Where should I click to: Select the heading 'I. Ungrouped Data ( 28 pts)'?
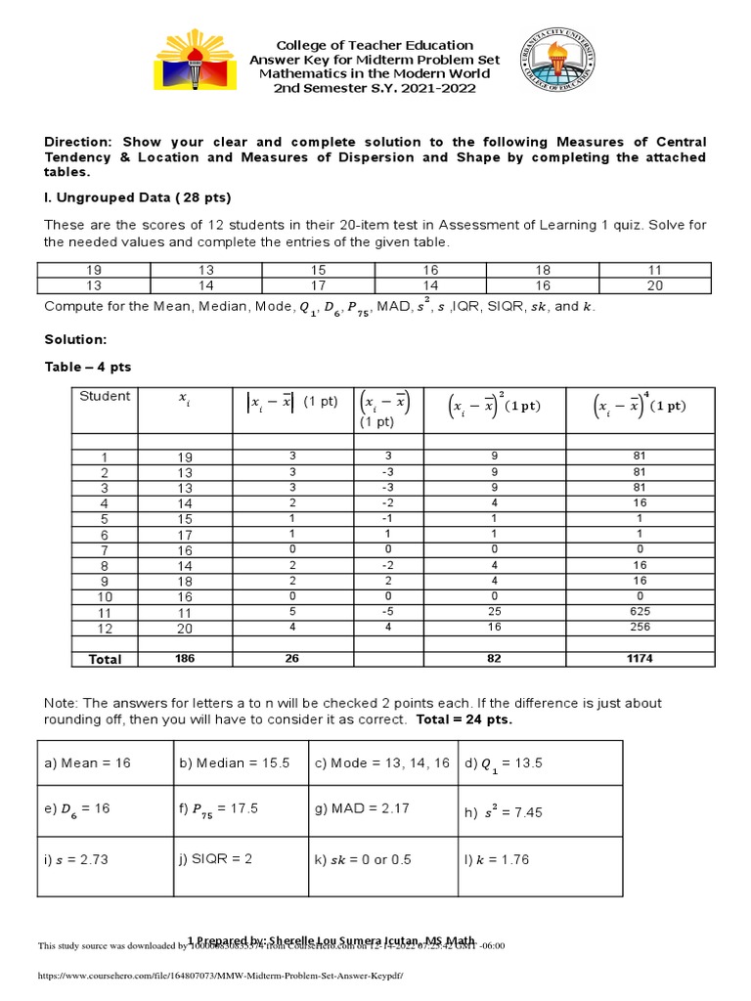(138, 197)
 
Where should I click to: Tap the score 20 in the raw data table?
(654, 285)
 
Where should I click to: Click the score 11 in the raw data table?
(654, 270)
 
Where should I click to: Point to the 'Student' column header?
(105, 396)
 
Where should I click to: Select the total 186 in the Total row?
(186, 659)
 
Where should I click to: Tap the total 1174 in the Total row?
(641, 659)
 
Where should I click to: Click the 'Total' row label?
(105, 660)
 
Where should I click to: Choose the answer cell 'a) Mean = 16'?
(88, 763)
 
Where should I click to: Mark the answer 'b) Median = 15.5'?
(234, 763)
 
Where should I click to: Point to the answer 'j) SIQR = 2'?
(216, 860)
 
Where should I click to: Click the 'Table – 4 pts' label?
(88, 367)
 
